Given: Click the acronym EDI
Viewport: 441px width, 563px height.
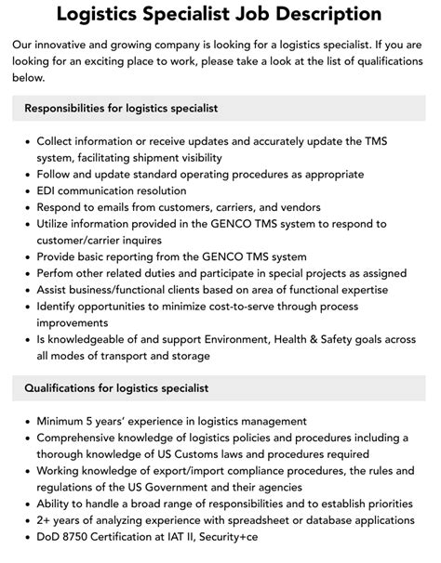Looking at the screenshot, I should point(47,190).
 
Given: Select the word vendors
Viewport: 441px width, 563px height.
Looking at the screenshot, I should point(297,206).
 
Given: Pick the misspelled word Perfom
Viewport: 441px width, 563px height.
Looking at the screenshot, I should point(58,273).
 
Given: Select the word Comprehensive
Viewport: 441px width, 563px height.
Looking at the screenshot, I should point(86,438).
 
